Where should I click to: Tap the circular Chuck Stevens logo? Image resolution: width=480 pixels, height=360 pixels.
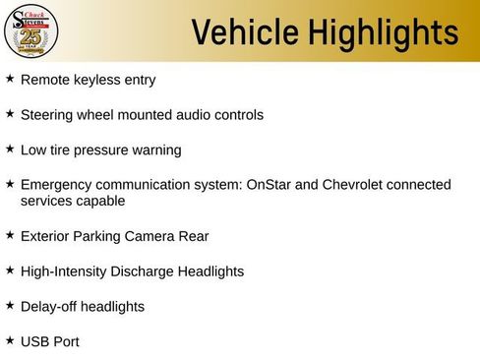tap(31, 32)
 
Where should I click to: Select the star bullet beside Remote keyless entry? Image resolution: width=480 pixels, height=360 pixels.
tap(10, 78)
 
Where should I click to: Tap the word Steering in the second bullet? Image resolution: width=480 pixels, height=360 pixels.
tap(48, 115)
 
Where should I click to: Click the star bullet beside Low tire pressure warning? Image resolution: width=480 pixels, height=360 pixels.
tap(10, 149)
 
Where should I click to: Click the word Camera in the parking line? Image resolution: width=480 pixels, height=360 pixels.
tap(150, 236)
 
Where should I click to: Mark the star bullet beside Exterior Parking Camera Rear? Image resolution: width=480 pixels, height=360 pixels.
tap(10, 235)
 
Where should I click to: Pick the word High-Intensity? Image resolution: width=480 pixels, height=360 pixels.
tap(66, 271)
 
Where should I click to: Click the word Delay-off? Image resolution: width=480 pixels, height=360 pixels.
tap(48, 307)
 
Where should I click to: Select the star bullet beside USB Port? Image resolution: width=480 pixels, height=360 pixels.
tap(10, 340)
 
